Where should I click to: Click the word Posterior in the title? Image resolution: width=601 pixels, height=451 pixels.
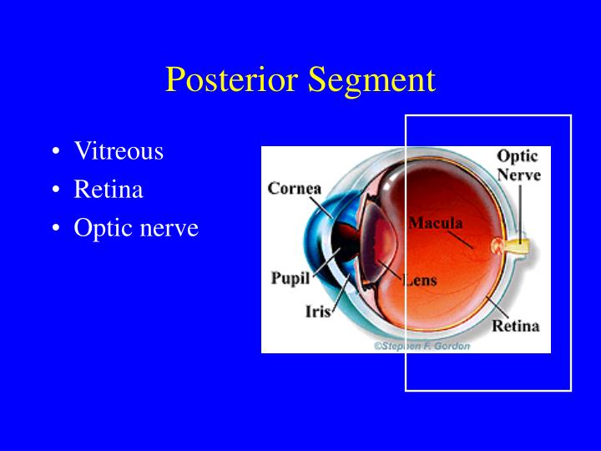[x=233, y=80]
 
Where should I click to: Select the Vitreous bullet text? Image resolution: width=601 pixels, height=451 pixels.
[x=119, y=151]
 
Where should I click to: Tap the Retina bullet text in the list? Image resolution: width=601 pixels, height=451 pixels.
[x=109, y=190]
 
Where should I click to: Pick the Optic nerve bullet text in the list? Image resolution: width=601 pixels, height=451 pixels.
[x=136, y=228]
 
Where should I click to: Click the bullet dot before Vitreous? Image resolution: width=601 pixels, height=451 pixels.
[x=55, y=153]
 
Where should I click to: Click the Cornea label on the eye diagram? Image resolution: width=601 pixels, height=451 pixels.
[x=294, y=189]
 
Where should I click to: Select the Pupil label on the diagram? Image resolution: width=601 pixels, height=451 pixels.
[x=290, y=278]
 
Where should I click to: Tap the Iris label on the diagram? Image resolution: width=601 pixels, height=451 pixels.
[x=317, y=312]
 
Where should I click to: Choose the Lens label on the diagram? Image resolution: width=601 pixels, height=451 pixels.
[x=420, y=281]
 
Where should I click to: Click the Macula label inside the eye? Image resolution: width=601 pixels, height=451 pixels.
[x=436, y=223]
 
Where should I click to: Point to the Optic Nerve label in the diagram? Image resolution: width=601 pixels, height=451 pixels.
[x=518, y=165]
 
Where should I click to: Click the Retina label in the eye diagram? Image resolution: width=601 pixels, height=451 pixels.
[x=515, y=326]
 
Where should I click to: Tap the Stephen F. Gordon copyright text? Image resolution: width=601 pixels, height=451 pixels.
[x=422, y=345]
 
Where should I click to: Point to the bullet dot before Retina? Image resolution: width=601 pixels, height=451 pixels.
[x=55, y=191]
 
